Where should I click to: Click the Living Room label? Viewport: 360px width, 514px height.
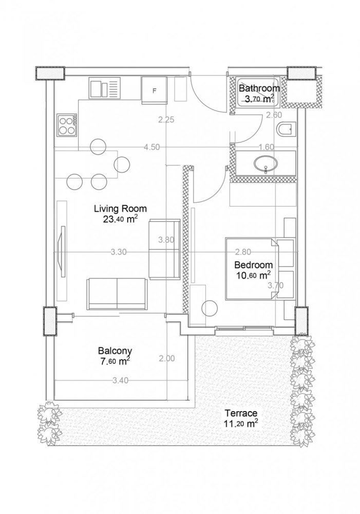[120, 209]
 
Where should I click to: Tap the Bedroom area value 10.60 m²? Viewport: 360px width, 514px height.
[253, 276]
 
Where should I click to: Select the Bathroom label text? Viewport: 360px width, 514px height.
[259, 88]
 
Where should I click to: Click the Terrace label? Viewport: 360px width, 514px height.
[240, 413]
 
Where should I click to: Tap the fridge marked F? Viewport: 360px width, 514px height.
[155, 90]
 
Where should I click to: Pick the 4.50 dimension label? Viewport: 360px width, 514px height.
[152, 147]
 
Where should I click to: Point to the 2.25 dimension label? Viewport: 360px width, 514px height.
[167, 120]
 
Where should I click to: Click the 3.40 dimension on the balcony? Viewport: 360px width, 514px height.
[120, 380]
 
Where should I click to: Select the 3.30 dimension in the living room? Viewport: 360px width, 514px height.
[119, 252]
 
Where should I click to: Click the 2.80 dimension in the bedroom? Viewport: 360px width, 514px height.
[242, 252]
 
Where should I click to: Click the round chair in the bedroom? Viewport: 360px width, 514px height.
[210, 308]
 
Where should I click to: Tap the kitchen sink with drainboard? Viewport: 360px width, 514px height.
[104, 88]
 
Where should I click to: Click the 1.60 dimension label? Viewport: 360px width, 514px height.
[267, 147]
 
